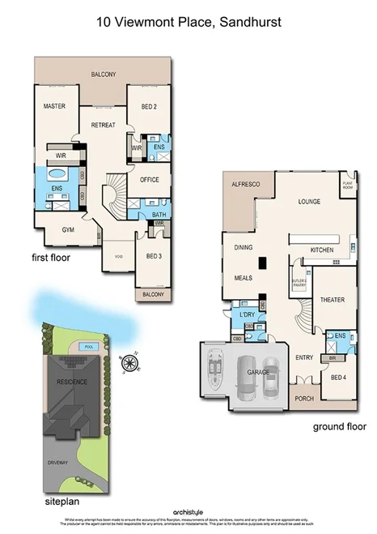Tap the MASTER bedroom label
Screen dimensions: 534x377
tap(54, 106)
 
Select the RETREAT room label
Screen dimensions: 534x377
tap(103, 125)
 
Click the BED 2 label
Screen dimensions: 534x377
tap(148, 106)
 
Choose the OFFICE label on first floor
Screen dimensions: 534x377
tap(150, 179)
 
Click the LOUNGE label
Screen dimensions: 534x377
tap(309, 201)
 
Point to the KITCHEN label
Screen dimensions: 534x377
tap(321, 250)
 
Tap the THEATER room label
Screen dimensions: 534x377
tap(333, 300)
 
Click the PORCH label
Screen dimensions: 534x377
tap(304, 398)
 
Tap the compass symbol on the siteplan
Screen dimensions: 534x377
tap(128, 362)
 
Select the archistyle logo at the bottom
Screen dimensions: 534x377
tap(188, 511)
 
